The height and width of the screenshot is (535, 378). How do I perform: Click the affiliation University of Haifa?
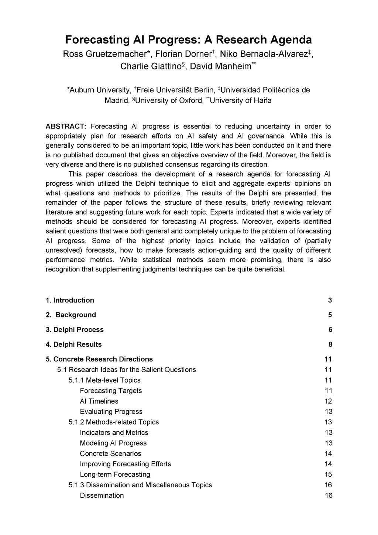click(240, 100)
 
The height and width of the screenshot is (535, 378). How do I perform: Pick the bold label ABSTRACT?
click(66, 126)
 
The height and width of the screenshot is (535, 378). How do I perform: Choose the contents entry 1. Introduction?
click(70, 300)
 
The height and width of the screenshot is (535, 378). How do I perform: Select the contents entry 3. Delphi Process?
click(75, 330)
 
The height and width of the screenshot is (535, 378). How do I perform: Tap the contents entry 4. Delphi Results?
click(73, 344)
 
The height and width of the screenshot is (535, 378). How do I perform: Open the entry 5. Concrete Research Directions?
click(99, 359)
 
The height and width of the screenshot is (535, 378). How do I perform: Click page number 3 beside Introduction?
click(330, 300)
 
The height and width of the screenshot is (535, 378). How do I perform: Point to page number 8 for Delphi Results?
click(330, 344)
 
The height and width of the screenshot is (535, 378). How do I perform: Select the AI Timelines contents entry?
click(99, 401)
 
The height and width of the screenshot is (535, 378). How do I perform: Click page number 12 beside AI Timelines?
click(328, 401)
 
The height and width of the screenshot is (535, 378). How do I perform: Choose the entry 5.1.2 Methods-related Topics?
click(113, 422)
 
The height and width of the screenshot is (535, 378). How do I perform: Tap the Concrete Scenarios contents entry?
click(110, 453)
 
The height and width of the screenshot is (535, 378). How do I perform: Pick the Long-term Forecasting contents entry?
click(115, 474)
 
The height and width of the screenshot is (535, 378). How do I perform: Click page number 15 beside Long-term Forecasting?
click(328, 474)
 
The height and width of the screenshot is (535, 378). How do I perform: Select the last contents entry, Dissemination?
click(102, 495)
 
